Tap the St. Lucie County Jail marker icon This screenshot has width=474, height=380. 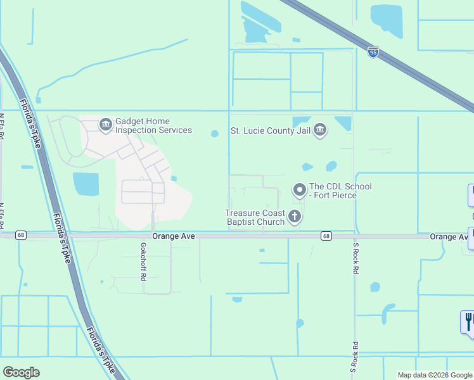click(320, 131)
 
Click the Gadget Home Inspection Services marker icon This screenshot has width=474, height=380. click(105, 125)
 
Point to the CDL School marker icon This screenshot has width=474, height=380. click(299, 190)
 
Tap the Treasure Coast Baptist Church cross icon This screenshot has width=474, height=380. click(294, 217)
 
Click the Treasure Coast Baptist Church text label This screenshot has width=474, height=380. click(255, 217)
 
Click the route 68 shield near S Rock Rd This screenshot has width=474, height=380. click(326, 236)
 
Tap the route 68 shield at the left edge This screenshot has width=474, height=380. click(21, 236)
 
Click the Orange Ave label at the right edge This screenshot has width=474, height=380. click(451, 236)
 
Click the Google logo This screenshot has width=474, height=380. click(22, 372)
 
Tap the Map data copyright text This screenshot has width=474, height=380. click(434, 375)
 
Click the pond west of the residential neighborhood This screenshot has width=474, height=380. click(86, 184)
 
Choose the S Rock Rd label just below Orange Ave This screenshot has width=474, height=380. click(355, 260)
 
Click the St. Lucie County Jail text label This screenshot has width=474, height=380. click(271, 132)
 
